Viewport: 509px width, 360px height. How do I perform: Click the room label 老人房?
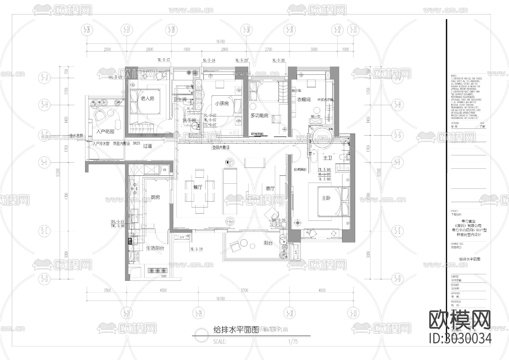pyautogui.click(x=147, y=98)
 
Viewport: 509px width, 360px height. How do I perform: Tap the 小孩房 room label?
pyautogui.click(x=222, y=104)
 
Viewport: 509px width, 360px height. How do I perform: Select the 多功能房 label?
pyautogui.click(x=259, y=115)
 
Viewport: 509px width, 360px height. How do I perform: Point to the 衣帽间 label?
pyautogui.click(x=304, y=100)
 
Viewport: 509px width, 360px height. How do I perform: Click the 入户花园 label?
pyautogui.click(x=105, y=132)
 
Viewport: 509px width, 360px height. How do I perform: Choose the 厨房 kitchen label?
pyautogui.click(x=155, y=197)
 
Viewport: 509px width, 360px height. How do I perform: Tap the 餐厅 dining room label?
pyautogui.click(x=198, y=187)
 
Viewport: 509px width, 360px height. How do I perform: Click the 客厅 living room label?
pyautogui.click(x=270, y=188)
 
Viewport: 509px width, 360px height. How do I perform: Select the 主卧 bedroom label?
pyautogui.click(x=326, y=198)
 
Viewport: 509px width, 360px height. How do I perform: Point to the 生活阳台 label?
pyautogui.click(x=155, y=248)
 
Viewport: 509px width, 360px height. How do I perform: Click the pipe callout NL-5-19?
pyautogui.click(x=197, y=249)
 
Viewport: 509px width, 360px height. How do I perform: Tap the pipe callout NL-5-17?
pyautogui.click(x=164, y=60)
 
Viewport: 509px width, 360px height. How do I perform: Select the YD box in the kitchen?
pyautogui.click(x=164, y=170)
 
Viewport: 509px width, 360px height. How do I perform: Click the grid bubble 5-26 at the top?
pyautogui.click(x=87, y=29)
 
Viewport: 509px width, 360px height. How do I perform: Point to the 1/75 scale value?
pyautogui.click(x=293, y=342)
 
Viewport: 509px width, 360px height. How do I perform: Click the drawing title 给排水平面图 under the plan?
pyautogui.click(x=236, y=330)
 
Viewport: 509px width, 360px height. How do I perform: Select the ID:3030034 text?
pyautogui.click(x=460, y=338)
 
